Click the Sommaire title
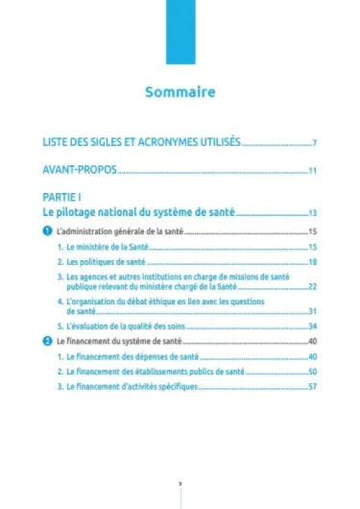pyautogui.click(x=180, y=93)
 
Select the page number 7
pyautogui.click(x=314, y=143)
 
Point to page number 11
pyautogui.click(x=312, y=172)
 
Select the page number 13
pyautogui.click(x=312, y=213)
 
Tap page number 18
pyautogui.click(x=312, y=262)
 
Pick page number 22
pyautogui.click(x=312, y=286)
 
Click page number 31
pyautogui.click(x=312, y=311)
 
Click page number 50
pyautogui.click(x=312, y=372)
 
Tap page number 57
pyautogui.click(x=312, y=386)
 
